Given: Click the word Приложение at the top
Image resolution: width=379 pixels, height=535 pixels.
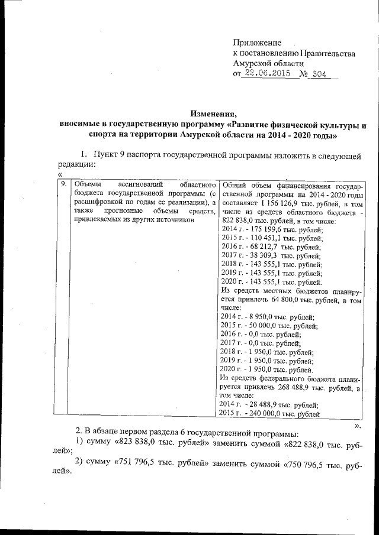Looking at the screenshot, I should (x=258, y=43).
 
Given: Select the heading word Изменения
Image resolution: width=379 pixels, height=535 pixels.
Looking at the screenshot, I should (x=213, y=114).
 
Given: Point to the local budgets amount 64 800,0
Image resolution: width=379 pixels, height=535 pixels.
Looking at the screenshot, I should (x=285, y=300).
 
